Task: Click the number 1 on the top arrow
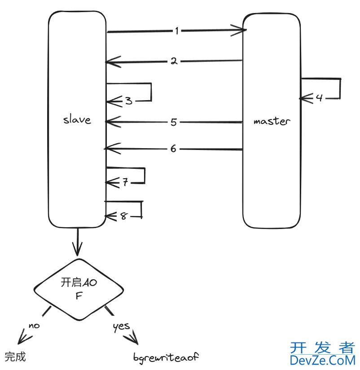177,31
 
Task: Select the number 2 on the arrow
174,61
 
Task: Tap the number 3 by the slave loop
129,101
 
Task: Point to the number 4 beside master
319,97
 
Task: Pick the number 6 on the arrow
174,149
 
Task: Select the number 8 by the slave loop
124,216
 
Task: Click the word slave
77,120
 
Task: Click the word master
272,121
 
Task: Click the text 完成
15,357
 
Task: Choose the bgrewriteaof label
166,357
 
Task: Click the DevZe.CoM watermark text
322,360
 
